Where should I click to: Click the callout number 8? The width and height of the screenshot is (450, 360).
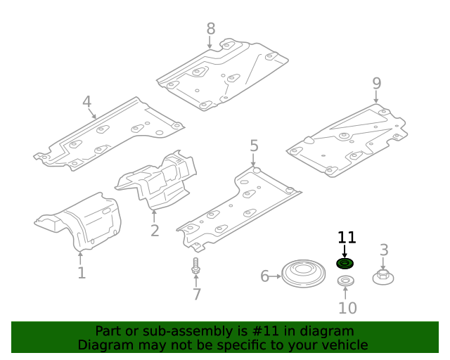click(x=211, y=29)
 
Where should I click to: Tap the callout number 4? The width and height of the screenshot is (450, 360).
click(x=86, y=102)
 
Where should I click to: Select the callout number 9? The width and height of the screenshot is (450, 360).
click(x=377, y=83)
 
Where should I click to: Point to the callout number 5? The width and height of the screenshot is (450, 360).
click(x=254, y=146)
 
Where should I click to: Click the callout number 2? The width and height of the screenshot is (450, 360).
click(x=155, y=231)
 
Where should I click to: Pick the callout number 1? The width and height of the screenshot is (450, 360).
click(x=82, y=273)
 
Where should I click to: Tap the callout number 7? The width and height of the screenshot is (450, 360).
click(x=197, y=295)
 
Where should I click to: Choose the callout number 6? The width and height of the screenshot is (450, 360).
click(x=265, y=276)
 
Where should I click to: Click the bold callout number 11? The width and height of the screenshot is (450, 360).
click(x=347, y=238)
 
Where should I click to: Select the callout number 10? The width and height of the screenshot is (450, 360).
click(x=347, y=308)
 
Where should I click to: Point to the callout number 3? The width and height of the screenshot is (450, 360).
click(x=384, y=250)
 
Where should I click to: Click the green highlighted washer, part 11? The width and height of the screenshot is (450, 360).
click(x=345, y=264)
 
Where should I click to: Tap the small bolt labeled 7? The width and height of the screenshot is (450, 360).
click(x=195, y=267)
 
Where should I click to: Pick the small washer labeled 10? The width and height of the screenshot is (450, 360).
click(x=345, y=281)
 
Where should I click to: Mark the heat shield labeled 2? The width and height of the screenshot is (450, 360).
click(x=158, y=181)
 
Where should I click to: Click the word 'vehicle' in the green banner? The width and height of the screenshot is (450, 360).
click(x=344, y=345)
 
